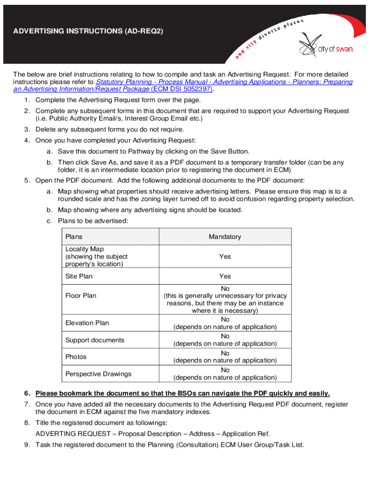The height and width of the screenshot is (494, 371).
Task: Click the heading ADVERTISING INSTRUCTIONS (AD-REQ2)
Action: [x=88, y=31]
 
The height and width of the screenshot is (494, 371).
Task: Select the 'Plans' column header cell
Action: [x=74, y=236]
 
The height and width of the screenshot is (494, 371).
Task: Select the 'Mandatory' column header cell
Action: [x=225, y=236]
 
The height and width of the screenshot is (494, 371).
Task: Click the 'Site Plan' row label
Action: [x=79, y=276]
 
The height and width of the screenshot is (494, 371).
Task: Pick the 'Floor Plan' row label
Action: [x=81, y=296]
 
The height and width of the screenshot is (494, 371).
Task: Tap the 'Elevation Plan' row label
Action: [x=87, y=323]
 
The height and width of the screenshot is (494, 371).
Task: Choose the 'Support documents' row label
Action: [x=95, y=340]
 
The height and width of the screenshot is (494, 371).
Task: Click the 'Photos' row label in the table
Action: [x=76, y=357]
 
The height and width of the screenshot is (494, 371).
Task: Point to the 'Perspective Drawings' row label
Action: [x=98, y=374]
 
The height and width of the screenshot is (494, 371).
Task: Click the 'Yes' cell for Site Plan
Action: [x=225, y=276]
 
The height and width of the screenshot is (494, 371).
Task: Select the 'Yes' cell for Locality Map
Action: [x=225, y=257]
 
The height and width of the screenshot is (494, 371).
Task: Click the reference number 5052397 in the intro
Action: [x=195, y=89]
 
